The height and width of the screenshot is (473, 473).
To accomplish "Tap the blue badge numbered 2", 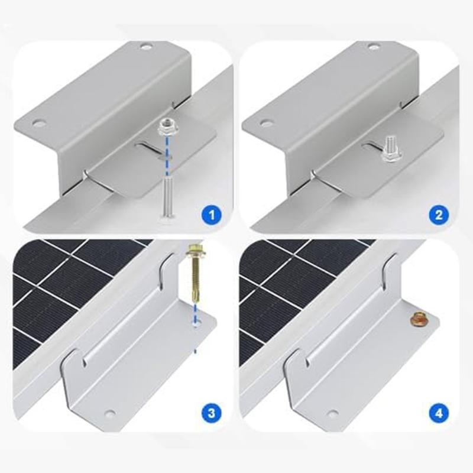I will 438,215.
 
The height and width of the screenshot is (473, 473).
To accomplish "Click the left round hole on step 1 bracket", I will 40,124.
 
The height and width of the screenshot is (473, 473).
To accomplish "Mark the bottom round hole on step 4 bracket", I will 333,413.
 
